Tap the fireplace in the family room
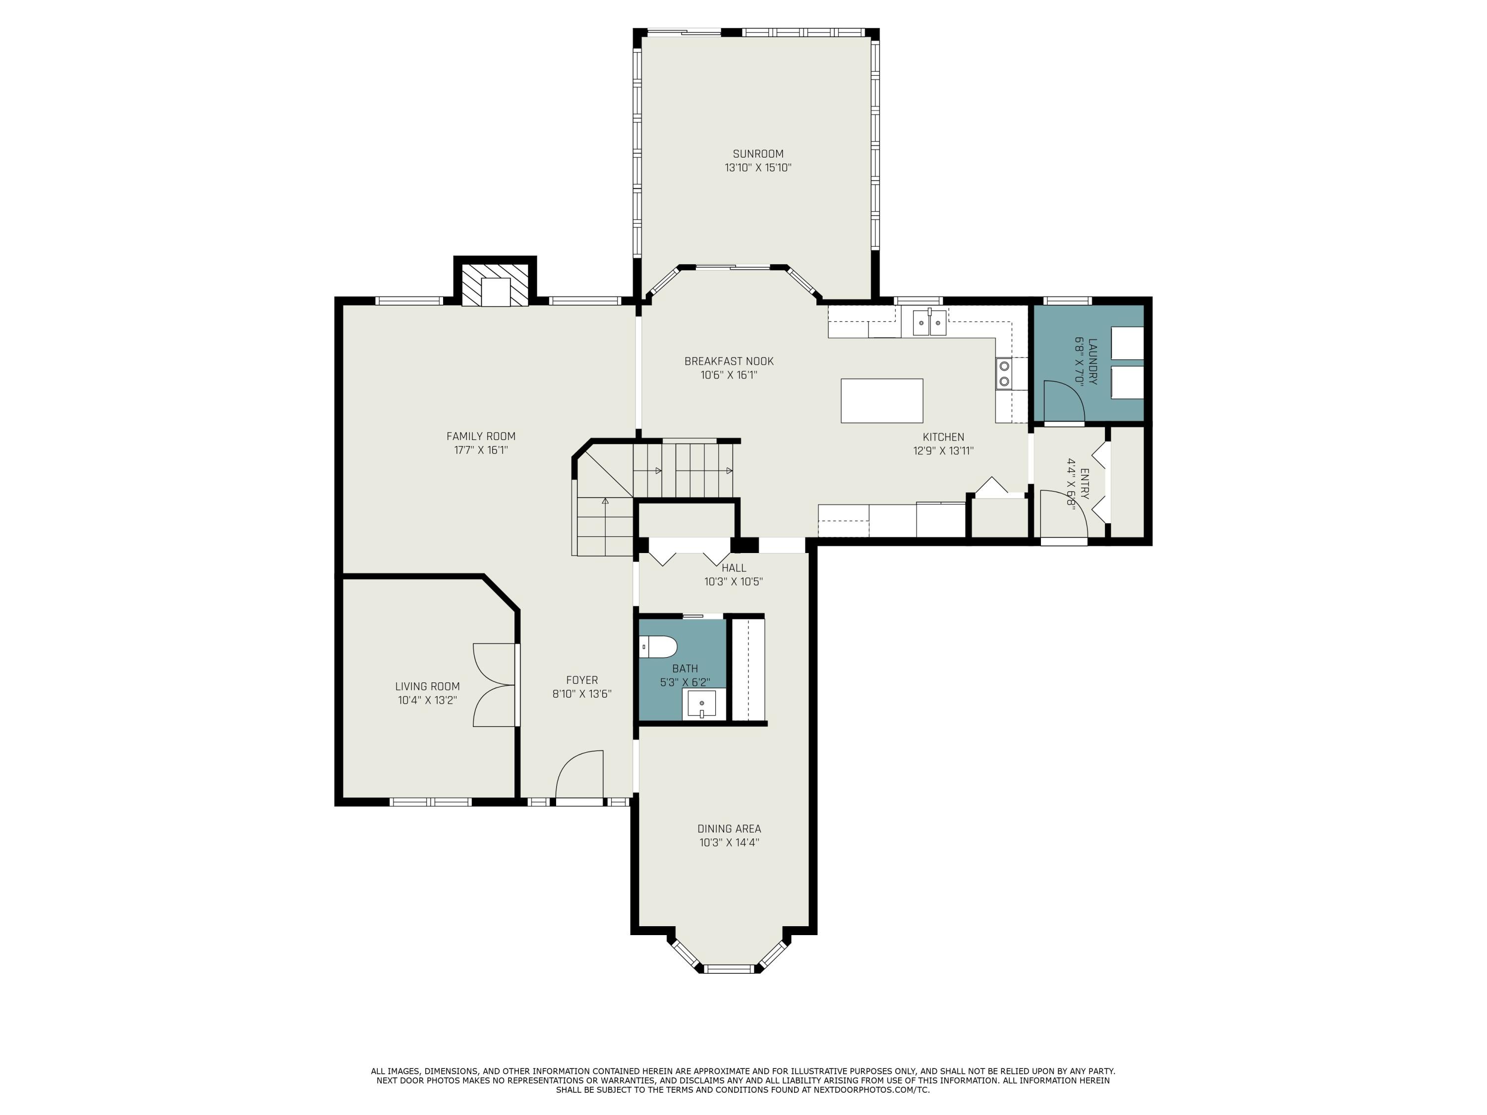point(496,285)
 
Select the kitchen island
point(881,400)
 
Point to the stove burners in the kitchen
point(1004,374)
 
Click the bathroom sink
point(701,703)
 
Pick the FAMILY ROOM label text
point(481,436)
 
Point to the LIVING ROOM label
point(428,686)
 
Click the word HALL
point(734,568)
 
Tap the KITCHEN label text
point(943,437)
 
